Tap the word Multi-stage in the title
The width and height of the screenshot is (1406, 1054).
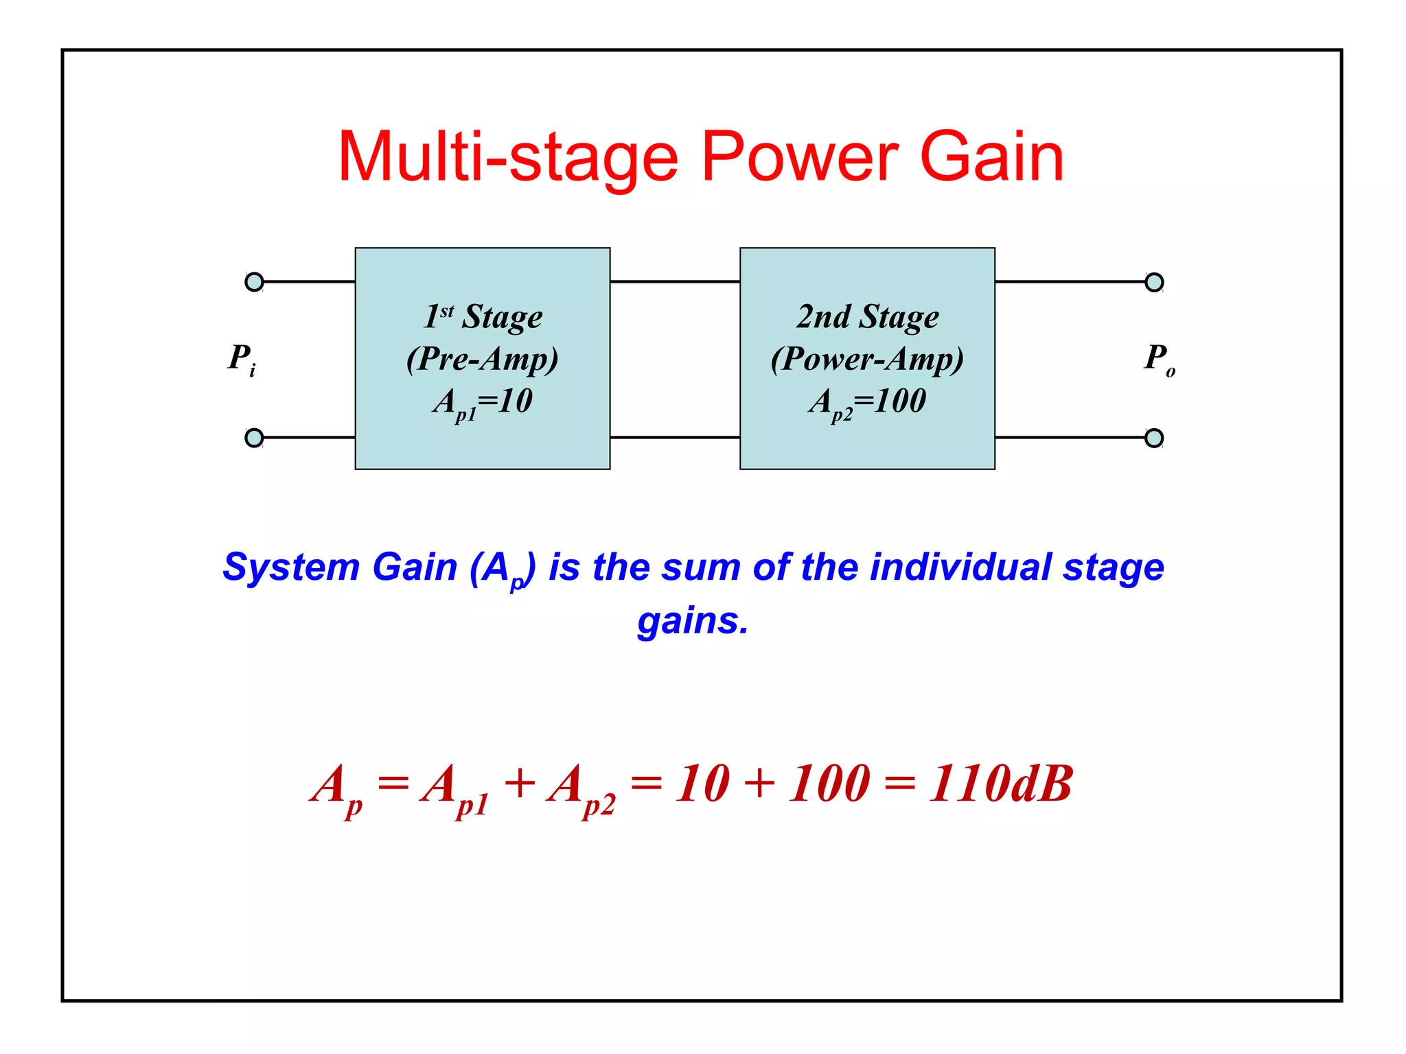(507, 158)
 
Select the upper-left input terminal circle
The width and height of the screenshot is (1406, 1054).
(254, 282)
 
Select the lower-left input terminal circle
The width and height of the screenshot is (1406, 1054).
(254, 438)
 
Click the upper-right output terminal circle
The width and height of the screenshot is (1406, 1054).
(1154, 282)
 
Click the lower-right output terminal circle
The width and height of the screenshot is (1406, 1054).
(1154, 438)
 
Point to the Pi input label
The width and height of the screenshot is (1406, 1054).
(242, 359)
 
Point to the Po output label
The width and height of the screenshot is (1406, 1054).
(1159, 359)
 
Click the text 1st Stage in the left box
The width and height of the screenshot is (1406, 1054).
(483, 316)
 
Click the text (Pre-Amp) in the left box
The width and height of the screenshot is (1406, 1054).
(482, 359)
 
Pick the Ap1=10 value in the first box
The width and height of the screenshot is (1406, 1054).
(483, 402)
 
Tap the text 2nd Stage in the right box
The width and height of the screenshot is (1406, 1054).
(867, 316)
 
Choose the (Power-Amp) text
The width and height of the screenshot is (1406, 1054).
(867, 359)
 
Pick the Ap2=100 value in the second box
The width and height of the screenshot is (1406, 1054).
(867, 402)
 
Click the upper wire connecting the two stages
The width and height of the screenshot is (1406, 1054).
(675, 281)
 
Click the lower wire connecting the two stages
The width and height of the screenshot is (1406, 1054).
(675, 437)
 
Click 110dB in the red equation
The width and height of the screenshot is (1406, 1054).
(1000, 784)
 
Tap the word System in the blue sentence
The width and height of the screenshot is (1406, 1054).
(291, 567)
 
